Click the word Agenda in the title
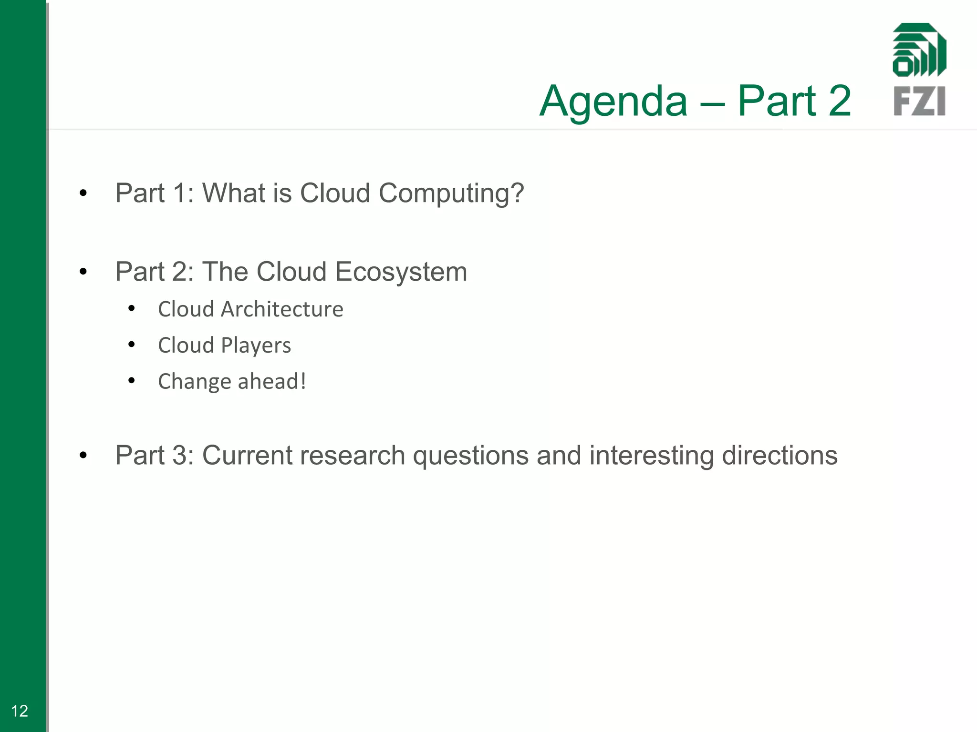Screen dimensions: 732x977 tap(613, 101)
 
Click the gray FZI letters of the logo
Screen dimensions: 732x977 tap(919, 101)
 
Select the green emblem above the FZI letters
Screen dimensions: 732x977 tap(919, 50)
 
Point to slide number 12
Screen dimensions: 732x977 tap(20, 711)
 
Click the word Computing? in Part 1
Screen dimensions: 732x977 tap(451, 193)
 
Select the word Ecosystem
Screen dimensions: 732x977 tap(401, 272)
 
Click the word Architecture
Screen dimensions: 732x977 tap(282, 309)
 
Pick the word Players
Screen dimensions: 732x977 tap(256, 346)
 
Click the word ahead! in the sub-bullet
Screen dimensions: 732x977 tap(272, 381)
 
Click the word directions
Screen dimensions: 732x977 tap(780, 456)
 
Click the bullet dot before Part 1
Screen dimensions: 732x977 tap(83, 193)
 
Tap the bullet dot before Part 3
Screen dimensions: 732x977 tap(83, 456)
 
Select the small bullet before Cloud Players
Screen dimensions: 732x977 tap(132, 344)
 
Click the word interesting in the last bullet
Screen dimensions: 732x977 tap(651, 456)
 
